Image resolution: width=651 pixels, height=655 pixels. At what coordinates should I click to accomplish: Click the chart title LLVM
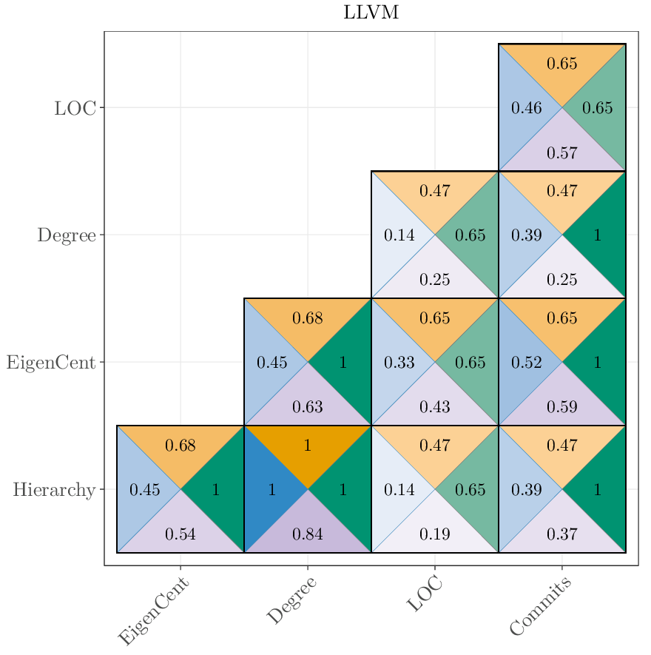[x=371, y=13]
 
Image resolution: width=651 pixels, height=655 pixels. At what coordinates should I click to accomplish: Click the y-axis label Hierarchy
[x=54, y=490]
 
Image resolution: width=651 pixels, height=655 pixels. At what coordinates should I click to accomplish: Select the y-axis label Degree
[x=67, y=235]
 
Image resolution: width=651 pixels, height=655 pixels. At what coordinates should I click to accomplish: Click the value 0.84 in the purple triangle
[x=308, y=534]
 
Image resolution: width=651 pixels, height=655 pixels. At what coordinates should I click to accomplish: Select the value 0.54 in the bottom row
[x=181, y=534]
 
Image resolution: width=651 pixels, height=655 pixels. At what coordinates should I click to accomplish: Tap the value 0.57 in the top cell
[x=562, y=153]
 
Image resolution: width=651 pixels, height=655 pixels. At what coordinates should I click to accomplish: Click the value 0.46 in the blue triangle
[x=527, y=108]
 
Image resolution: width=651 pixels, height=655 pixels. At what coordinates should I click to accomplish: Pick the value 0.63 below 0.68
[x=308, y=407]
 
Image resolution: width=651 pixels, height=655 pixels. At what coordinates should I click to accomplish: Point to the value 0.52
[x=527, y=363]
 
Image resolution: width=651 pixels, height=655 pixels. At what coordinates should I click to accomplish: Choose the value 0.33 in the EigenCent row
[x=399, y=363]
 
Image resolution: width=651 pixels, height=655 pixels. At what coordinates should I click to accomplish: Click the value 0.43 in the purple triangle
[x=435, y=407]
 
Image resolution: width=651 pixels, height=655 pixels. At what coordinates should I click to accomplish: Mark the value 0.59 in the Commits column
[x=562, y=407]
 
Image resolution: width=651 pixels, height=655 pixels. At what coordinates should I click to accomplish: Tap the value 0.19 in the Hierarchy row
[x=435, y=534]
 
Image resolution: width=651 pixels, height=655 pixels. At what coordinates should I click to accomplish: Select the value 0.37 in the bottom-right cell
[x=562, y=534]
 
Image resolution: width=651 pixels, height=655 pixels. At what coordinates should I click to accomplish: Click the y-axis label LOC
[x=75, y=108]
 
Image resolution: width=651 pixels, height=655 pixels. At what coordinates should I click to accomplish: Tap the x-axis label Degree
[x=291, y=600]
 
